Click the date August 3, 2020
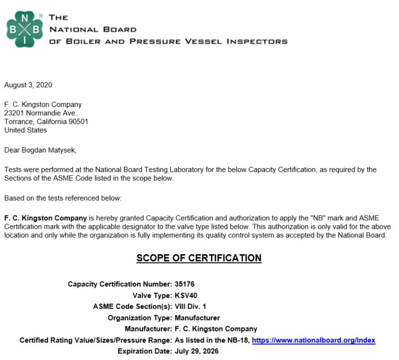pos(28,85)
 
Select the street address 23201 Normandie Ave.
pos(40,113)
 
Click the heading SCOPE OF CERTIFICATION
pos(199,258)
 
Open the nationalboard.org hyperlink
pos(313,340)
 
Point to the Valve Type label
pos(150,295)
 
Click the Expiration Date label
pos(142,352)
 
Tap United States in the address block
pos(26,131)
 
